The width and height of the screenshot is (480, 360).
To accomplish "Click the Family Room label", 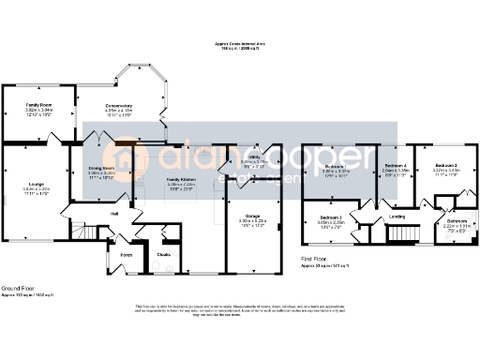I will [x=39, y=103].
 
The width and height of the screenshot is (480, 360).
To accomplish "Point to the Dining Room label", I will [x=101, y=168].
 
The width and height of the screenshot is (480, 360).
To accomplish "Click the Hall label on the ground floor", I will [x=114, y=214].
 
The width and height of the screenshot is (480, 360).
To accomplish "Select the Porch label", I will [x=127, y=253].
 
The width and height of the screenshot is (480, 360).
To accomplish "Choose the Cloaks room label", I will [x=163, y=253].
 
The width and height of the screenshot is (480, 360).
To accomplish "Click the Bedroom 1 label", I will [x=336, y=166].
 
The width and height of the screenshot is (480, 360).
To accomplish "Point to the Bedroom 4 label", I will [x=395, y=166].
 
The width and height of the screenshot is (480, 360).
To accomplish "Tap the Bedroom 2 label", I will [x=446, y=164].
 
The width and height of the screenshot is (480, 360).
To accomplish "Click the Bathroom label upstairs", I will [x=456, y=220].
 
